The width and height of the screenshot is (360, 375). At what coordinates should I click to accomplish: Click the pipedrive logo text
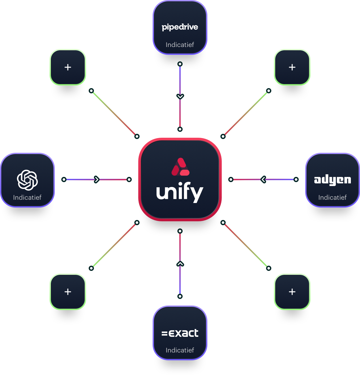tap(180, 27)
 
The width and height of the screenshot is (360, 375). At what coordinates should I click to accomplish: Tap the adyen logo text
tap(332, 180)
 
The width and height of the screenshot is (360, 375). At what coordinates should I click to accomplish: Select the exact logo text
tap(180, 333)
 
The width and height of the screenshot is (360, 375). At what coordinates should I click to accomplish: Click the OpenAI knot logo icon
tap(27, 180)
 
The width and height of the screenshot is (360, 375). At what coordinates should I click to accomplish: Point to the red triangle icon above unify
tap(180, 167)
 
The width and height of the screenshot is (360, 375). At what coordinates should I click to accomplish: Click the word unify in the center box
tap(180, 193)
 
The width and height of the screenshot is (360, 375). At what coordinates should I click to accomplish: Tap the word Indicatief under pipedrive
tap(180, 45)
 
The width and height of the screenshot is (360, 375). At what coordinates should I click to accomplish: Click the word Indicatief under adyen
tap(332, 197)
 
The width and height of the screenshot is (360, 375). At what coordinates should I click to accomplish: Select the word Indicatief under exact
tap(180, 350)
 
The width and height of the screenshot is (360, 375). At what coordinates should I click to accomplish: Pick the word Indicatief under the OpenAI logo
tap(27, 197)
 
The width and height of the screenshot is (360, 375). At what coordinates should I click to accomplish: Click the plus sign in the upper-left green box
tap(68, 67)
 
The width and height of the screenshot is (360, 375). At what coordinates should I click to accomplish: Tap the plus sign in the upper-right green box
tap(292, 67)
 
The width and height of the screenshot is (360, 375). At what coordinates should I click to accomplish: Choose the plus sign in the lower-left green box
tap(68, 292)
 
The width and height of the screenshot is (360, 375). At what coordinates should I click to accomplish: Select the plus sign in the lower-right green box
tap(292, 292)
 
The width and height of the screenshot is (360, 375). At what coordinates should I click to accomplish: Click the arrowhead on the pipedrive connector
tap(180, 96)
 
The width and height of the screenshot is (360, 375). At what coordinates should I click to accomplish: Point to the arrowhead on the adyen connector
tap(263, 179)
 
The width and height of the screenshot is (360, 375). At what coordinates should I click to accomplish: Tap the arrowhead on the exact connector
tap(180, 264)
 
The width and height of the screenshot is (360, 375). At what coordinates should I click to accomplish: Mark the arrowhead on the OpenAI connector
tap(97, 179)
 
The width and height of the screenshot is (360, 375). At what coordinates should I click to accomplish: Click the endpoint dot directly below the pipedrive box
tap(180, 64)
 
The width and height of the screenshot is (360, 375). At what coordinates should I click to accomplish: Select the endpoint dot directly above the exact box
tap(180, 296)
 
